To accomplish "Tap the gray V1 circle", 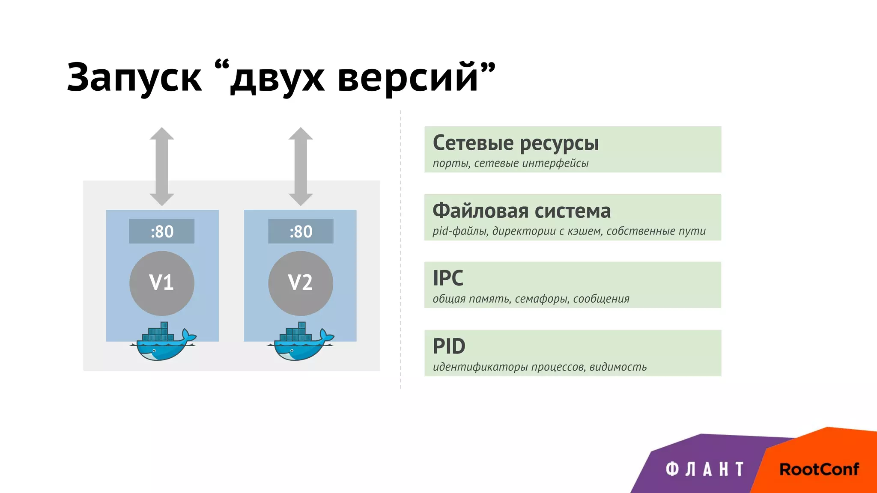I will [162, 283].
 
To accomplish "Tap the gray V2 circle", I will [301, 283].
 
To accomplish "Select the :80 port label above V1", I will [162, 232].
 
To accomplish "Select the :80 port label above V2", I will [301, 232].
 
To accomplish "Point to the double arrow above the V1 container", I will [162, 166].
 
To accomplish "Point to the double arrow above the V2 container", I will [301, 166].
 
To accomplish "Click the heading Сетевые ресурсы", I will [516, 143].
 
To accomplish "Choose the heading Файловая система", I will [522, 211].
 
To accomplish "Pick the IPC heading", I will [448, 278].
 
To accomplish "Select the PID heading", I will [449, 346].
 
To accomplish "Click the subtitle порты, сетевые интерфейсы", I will [510, 163].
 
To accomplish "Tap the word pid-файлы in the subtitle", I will [460, 232].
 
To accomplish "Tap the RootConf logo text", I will [819, 469].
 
